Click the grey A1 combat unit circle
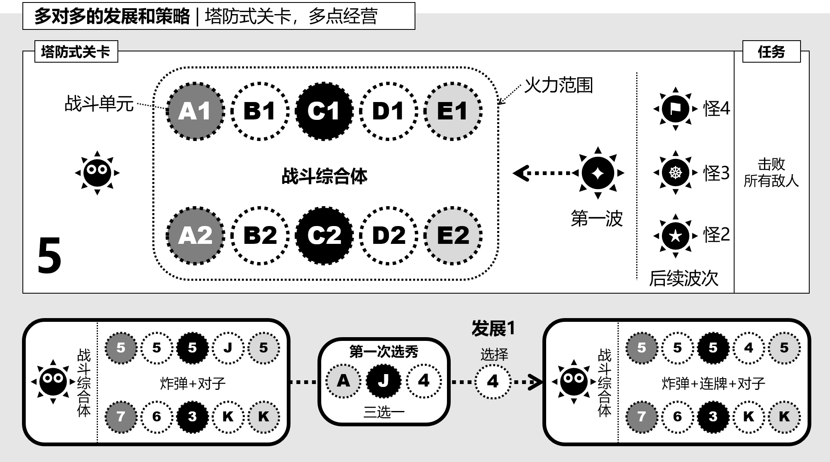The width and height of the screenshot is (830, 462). [195, 111]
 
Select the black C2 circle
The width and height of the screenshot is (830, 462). [324, 236]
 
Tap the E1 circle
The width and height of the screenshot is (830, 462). [453, 111]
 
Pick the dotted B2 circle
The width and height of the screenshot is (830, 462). [260, 236]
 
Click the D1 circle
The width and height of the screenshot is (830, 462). [388, 111]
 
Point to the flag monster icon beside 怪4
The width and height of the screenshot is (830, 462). [675, 109]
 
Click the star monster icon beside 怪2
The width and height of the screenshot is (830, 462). [675, 236]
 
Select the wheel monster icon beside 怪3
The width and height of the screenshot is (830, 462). [675, 172]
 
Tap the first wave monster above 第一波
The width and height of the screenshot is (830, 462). [598, 173]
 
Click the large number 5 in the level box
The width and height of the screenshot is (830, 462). [49, 255]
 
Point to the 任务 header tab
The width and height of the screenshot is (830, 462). [771, 52]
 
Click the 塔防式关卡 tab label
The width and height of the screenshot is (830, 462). [76, 52]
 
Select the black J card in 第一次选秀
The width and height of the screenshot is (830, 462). [383, 381]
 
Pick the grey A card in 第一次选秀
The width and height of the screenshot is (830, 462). [343, 381]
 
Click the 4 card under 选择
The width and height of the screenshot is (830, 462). [493, 381]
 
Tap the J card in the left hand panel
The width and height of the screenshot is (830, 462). [228, 348]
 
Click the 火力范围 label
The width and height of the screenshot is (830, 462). [558, 85]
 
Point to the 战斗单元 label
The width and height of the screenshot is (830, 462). [99, 104]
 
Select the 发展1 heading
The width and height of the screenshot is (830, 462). [493, 328]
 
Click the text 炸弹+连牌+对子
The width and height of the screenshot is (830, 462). [713, 384]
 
